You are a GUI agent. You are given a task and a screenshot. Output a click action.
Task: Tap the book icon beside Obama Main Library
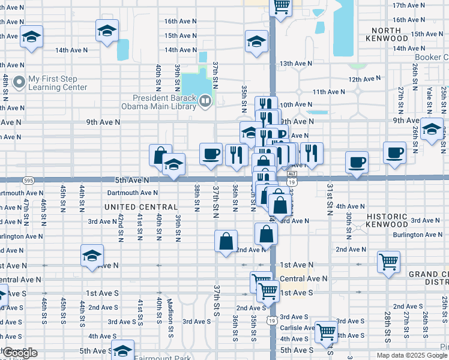[205, 101]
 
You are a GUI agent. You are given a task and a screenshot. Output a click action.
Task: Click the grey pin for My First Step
[19, 82]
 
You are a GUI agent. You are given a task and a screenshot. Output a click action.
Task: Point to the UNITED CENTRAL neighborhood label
[141, 207]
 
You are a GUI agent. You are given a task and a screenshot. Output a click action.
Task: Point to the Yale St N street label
[430, 100]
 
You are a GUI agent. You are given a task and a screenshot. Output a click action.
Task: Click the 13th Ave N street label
[296, 63]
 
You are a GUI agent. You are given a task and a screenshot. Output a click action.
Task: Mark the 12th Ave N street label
[364, 79]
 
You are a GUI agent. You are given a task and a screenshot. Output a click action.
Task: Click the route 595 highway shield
[29, 179]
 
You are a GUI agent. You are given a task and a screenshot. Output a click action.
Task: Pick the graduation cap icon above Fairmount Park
[123, 350]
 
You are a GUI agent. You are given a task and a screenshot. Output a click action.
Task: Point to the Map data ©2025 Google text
[412, 355]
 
